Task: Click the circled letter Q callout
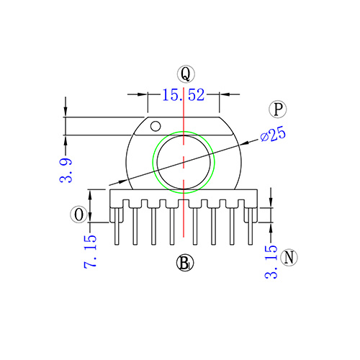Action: coord(186,74)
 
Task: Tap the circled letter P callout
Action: coord(277,109)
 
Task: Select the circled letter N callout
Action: coord(289,257)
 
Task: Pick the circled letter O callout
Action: coord(78,215)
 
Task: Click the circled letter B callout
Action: coord(185,263)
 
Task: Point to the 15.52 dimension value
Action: coord(184,94)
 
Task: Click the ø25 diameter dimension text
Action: coord(273,135)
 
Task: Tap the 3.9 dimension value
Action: coord(66,170)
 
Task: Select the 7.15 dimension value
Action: coord(90,251)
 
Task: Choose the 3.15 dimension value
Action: coord(271,262)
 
